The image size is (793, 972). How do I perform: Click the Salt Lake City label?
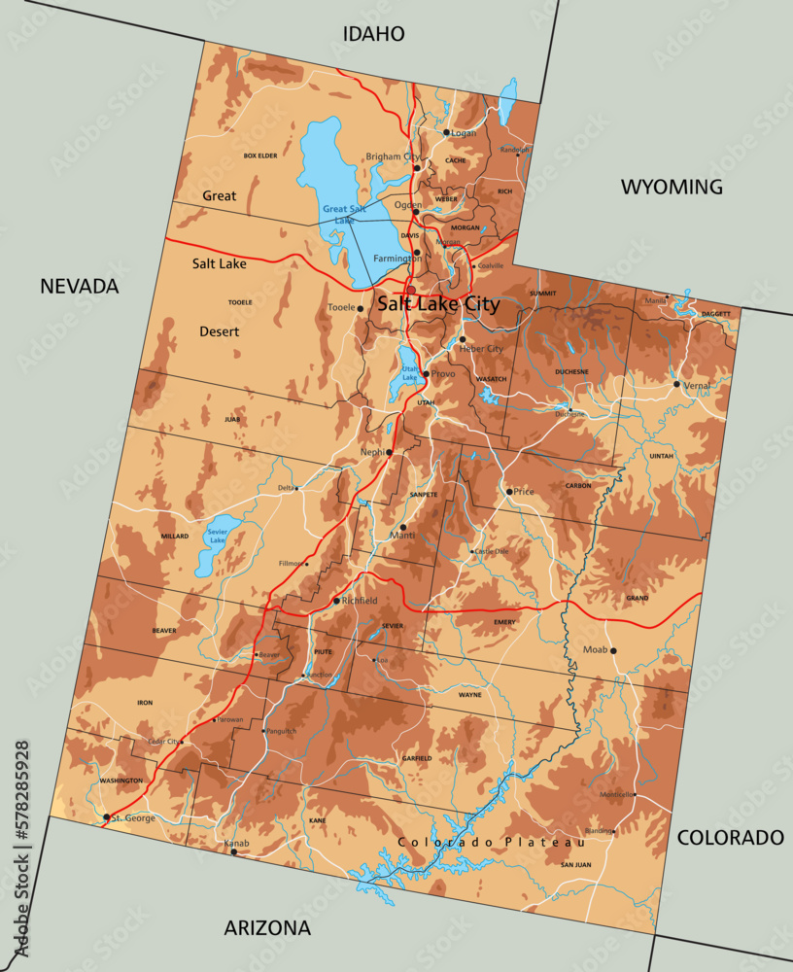pyautogui.click(x=438, y=304)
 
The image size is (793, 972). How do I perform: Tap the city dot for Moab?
pyautogui.click(x=613, y=650)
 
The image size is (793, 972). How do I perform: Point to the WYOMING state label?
pyautogui.click(x=672, y=187)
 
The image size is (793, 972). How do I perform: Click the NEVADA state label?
pyautogui.click(x=79, y=286)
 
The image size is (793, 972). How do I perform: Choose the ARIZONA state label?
pyautogui.click(x=267, y=927)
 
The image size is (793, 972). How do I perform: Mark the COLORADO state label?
pyautogui.click(x=729, y=837)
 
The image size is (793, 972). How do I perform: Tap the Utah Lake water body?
pyautogui.click(x=405, y=374)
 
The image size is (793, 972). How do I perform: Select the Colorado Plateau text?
pyautogui.click(x=491, y=842)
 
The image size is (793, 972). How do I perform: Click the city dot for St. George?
pyautogui.click(x=106, y=817)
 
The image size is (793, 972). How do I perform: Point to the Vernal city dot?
pyautogui.click(x=677, y=384)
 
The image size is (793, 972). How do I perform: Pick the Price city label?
pyautogui.click(x=524, y=492)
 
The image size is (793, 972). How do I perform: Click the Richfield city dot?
pyautogui.click(x=336, y=601)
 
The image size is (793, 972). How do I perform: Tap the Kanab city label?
pyautogui.click(x=236, y=843)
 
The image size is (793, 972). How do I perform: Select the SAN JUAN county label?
pyautogui.click(x=575, y=864)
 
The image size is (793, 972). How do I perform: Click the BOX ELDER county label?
pyautogui.click(x=260, y=156)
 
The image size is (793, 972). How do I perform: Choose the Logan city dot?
pyautogui.click(x=446, y=132)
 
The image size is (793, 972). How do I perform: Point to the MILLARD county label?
pyautogui.click(x=175, y=536)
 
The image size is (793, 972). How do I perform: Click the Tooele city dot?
pyautogui.click(x=360, y=308)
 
